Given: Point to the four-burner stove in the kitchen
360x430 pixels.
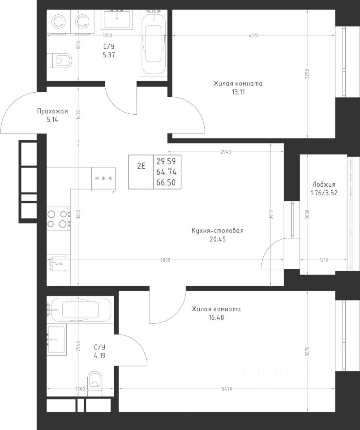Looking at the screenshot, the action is (x=58, y=219).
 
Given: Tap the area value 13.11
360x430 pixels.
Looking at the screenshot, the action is (x=238, y=92).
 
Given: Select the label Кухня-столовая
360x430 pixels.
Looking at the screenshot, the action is (x=218, y=231).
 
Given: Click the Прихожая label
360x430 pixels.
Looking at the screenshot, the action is (x=52, y=111).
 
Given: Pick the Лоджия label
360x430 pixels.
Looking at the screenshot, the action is (x=324, y=185).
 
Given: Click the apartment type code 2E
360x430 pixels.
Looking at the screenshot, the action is (x=141, y=166).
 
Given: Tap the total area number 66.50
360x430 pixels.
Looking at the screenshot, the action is (x=166, y=182).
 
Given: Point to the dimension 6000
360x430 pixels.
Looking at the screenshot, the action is (x=165, y=260).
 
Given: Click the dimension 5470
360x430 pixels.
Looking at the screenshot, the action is (x=227, y=389).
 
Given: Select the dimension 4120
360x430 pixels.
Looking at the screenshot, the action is (x=253, y=35).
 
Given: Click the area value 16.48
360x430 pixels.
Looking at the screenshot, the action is (x=216, y=318).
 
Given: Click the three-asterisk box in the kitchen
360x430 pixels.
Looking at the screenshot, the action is (x=103, y=179).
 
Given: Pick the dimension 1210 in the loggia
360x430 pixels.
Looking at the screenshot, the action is (x=324, y=260).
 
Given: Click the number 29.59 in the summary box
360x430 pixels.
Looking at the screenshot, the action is (x=166, y=161).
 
